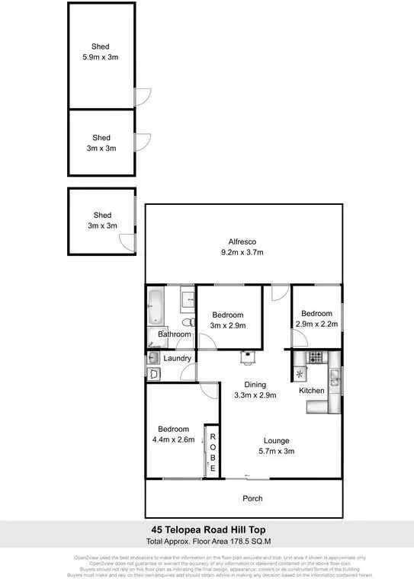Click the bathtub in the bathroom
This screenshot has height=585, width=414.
(x=155, y=306)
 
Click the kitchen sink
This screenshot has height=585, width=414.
(x=334, y=375)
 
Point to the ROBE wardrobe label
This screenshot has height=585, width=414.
(x=213, y=452)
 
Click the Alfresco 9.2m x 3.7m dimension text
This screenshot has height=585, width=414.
(x=242, y=252)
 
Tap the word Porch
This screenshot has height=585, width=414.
(x=252, y=499)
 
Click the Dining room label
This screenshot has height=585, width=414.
(x=255, y=384)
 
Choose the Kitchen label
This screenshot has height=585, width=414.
(x=311, y=391)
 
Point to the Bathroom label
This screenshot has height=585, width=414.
(x=174, y=334)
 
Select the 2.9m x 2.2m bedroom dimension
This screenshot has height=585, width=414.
(x=316, y=324)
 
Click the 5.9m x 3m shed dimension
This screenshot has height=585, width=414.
(x=101, y=56)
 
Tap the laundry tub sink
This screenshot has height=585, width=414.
(x=153, y=373)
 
